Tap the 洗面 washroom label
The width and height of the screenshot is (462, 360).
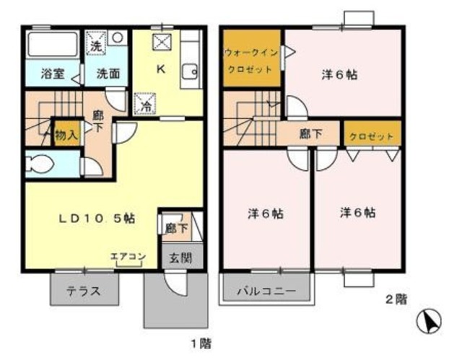coord(108,73)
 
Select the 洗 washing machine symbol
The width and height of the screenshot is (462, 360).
coord(96,45)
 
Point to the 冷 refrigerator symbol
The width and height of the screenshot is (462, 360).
coord(144,104)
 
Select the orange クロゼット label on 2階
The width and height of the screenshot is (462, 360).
coord(371,136)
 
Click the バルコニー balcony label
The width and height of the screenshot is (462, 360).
coord(266,292)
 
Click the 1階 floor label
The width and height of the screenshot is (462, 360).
coord(200,342)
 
